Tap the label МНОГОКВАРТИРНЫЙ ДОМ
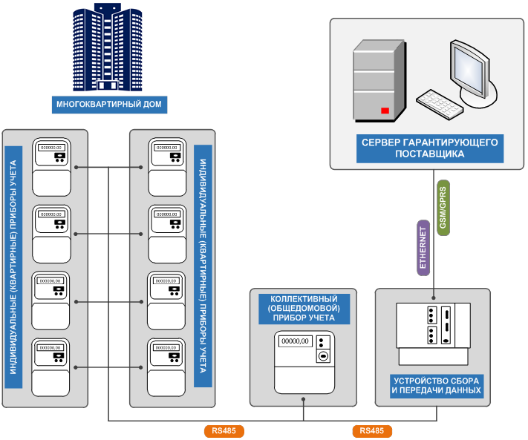pos(110,104)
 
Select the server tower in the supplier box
pos(378,81)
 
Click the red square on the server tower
pos(385,111)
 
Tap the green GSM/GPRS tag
pos(443,208)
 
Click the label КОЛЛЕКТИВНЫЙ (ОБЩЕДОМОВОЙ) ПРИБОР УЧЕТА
pos(302,308)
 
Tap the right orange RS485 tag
pos(371,431)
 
